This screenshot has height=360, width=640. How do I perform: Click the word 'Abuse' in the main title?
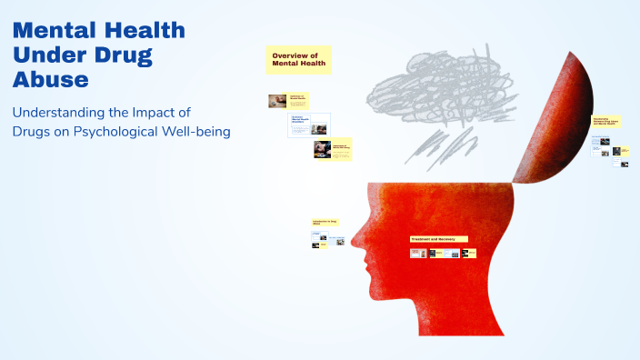tap(50, 79)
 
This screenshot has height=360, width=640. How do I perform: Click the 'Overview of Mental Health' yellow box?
tap(298, 60)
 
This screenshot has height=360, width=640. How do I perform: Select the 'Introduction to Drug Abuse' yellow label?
tap(325, 222)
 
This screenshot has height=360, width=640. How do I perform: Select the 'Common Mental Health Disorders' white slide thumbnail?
tap(309, 125)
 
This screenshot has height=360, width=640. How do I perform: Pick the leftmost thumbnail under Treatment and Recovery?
tap(418, 253)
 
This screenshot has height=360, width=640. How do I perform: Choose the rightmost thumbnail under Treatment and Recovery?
tap(469, 253)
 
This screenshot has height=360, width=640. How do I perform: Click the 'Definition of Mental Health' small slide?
tap(288, 101)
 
